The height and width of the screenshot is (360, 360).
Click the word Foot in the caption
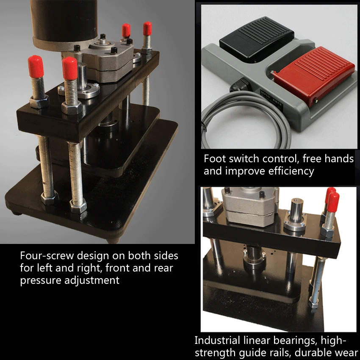point(215,159)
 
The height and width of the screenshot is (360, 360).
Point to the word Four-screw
point(47,255)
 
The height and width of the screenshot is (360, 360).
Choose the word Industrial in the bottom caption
point(217,340)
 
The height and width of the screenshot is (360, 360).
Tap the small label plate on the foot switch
point(271,98)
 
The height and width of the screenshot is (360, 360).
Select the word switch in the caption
point(244,159)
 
